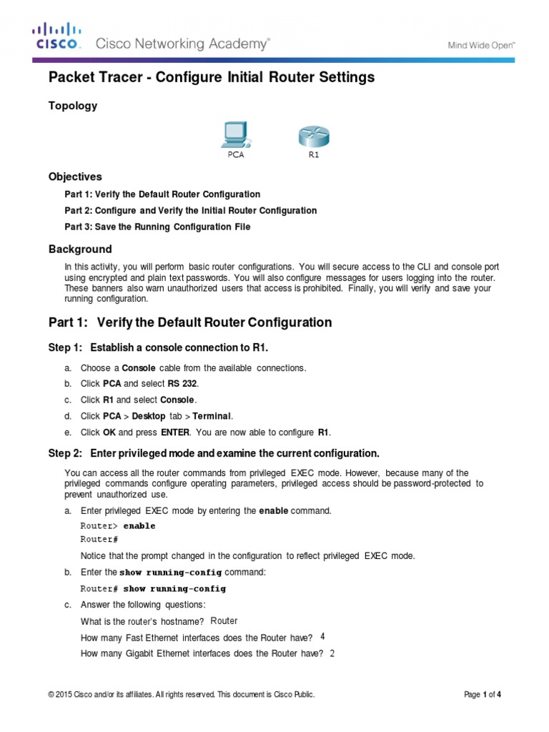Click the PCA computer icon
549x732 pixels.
click(234, 134)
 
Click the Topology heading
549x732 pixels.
click(72, 106)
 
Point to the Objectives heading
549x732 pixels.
click(75, 177)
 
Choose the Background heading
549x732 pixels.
click(80, 249)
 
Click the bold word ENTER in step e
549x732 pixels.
click(174, 432)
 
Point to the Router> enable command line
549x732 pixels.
click(117, 526)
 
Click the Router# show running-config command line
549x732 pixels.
click(153, 589)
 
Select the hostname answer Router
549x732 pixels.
click(224, 620)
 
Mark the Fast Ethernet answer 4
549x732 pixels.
click(322, 636)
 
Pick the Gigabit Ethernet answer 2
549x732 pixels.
click(332, 653)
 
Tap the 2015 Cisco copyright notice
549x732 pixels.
click(181, 694)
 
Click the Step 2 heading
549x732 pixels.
click(213, 454)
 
